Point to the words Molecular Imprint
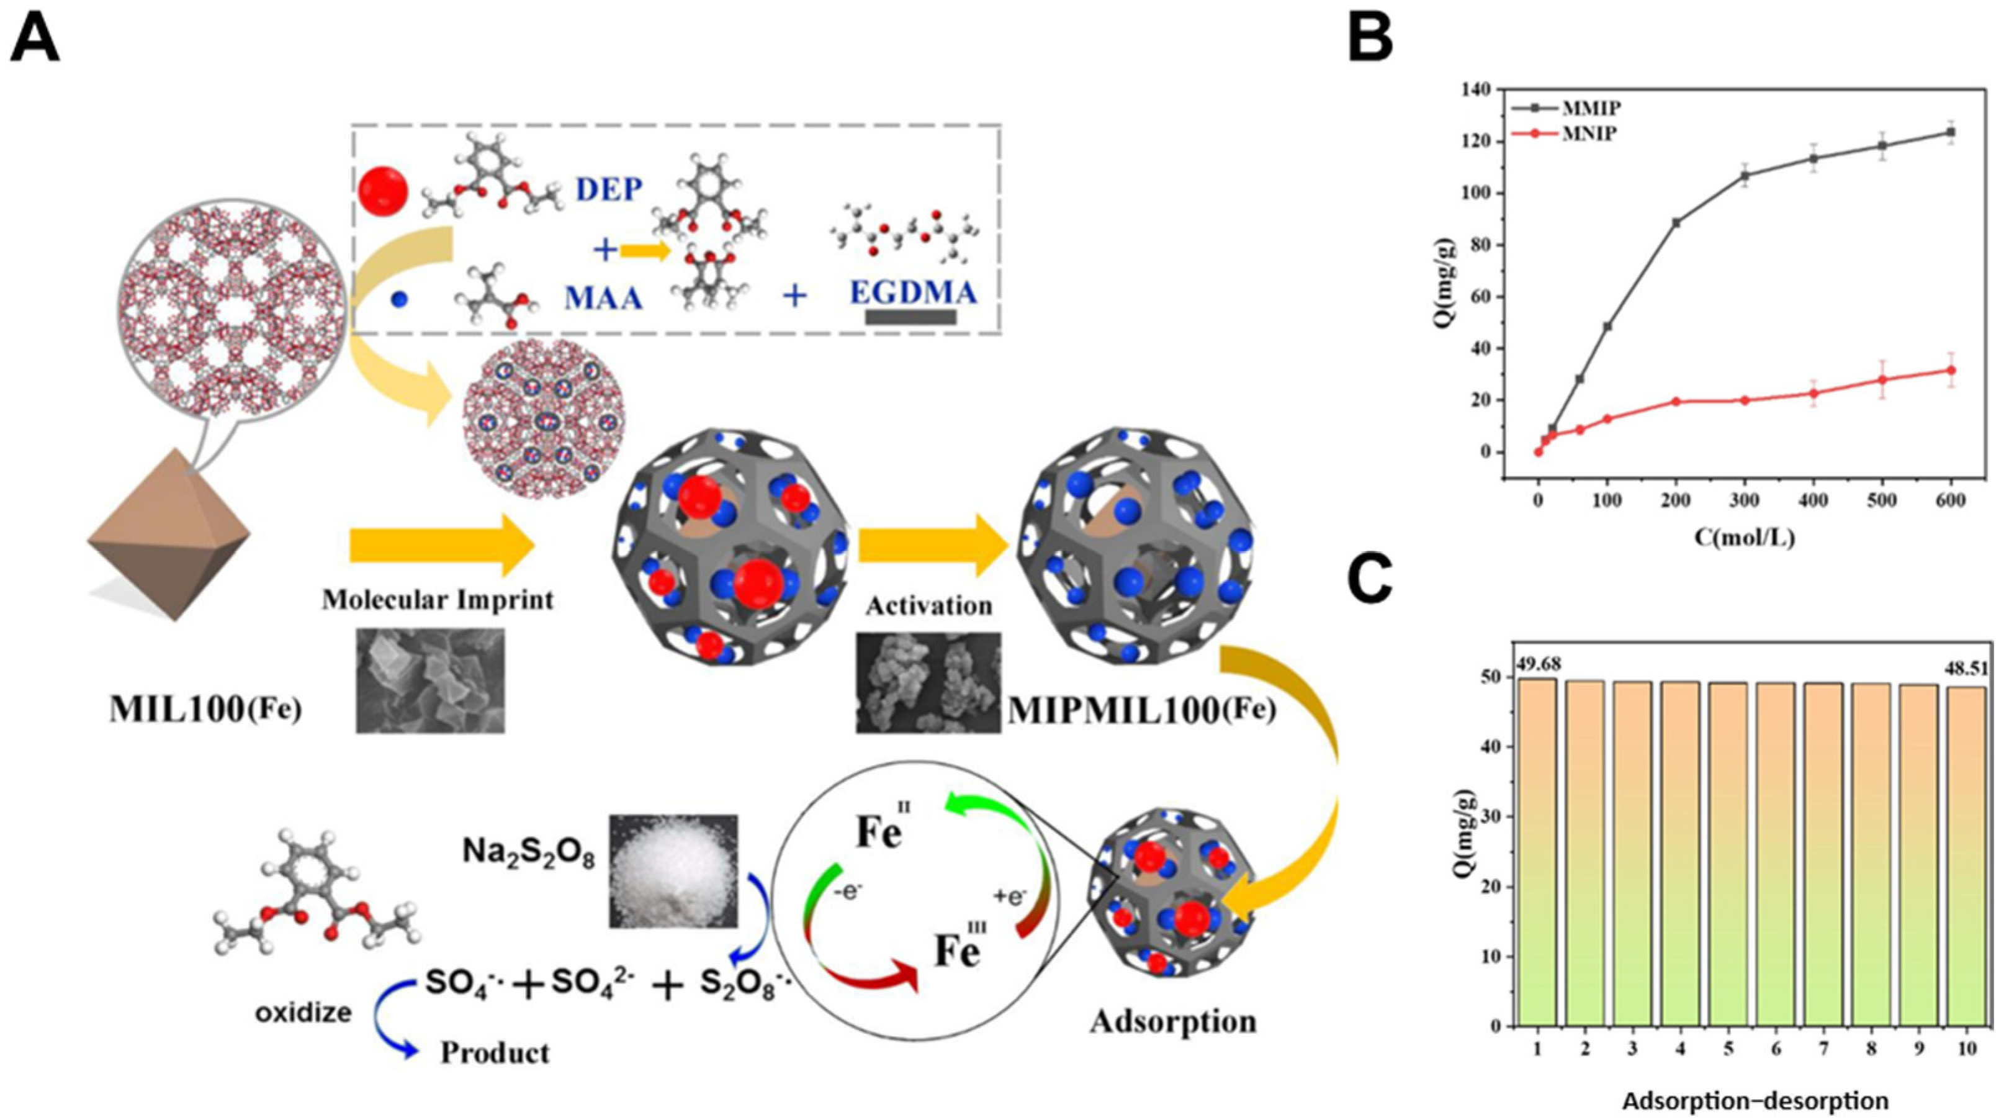coord(438,600)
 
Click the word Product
coord(495,1052)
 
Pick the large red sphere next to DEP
coord(383,192)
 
